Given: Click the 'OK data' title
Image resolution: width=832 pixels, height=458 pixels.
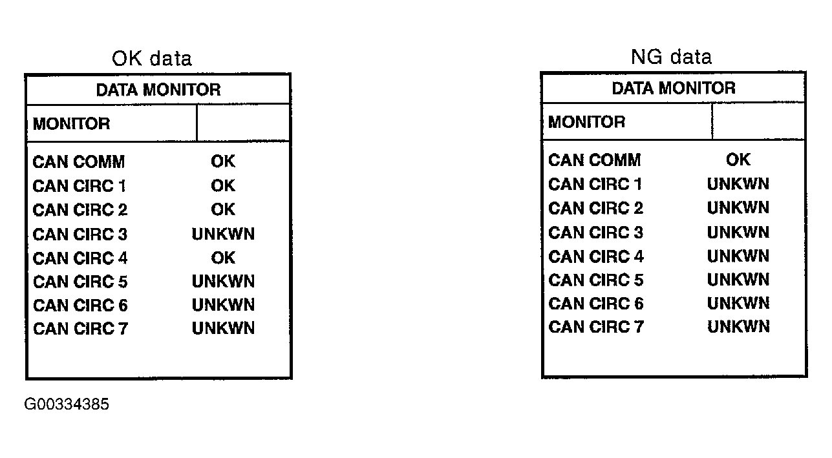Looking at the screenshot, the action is [x=151, y=58].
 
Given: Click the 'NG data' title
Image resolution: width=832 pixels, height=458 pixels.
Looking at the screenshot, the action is [x=671, y=57].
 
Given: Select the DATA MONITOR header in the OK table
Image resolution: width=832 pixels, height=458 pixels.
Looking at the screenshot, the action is [x=158, y=90].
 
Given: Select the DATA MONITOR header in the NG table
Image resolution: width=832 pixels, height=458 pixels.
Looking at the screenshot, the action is [x=674, y=88].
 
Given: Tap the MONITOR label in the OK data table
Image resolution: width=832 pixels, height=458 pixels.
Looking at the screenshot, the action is [x=71, y=123].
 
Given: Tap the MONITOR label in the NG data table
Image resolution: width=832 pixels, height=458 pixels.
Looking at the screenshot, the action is [x=586, y=122].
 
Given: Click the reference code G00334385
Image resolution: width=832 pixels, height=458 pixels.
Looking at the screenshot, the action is [x=67, y=404].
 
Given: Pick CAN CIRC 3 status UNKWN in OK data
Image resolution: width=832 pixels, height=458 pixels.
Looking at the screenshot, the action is [x=223, y=234].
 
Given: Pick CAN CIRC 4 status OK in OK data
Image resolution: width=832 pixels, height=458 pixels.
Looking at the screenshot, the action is [x=223, y=258].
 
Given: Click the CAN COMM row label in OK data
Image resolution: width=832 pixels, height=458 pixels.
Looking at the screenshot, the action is [x=79, y=162].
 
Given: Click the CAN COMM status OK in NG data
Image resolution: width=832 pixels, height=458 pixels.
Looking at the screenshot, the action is [x=738, y=160].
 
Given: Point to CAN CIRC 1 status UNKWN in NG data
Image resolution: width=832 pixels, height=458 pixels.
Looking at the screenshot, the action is [x=738, y=183].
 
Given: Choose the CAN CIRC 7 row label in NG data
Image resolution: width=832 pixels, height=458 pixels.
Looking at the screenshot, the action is [x=596, y=327].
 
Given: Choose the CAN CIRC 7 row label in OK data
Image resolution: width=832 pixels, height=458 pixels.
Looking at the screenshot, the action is [x=80, y=328].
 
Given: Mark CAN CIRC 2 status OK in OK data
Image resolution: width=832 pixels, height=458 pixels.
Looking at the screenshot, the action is [x=223, y=209].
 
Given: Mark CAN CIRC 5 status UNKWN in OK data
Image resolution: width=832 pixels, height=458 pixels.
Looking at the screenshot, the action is [x=223, y=282].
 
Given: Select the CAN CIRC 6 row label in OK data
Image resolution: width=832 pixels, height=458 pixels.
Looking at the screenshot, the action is [x=80, y=305].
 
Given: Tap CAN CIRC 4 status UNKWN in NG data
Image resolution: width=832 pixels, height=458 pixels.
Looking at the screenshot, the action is [x=738, y=256].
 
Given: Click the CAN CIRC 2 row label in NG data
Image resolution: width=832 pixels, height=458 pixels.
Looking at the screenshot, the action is [x=596, y=208].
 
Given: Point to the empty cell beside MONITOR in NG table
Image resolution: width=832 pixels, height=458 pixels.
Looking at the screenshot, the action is [x=758, y=121].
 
